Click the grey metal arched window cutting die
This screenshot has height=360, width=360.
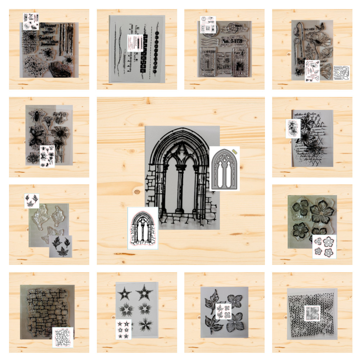pyautogui.click(x=224, y=168)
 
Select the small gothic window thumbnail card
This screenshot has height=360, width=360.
pyautogui.click(x=143, y=228)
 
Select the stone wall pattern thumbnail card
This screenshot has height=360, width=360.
pyautogui.click(x=63, y=337)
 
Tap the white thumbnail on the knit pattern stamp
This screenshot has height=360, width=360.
pyautogui.click(x=312, y=313)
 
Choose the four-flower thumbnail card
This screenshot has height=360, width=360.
pyautogui.click(x=324, y=247)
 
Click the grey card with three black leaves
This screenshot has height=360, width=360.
pyautogui.click(x=60, y=246)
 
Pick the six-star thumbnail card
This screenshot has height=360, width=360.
pyautogui.click(x=123, y=329)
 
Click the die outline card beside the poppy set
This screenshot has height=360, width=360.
pyautogui.click(x=341, y=73)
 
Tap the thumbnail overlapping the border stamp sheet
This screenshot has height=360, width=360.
pyautogui.click(x=135, y=43)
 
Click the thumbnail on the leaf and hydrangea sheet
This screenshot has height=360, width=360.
pyautogui.click(x=223, y=311)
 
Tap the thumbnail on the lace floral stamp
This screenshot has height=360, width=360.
pyautogui.click(x=293, y=129)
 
